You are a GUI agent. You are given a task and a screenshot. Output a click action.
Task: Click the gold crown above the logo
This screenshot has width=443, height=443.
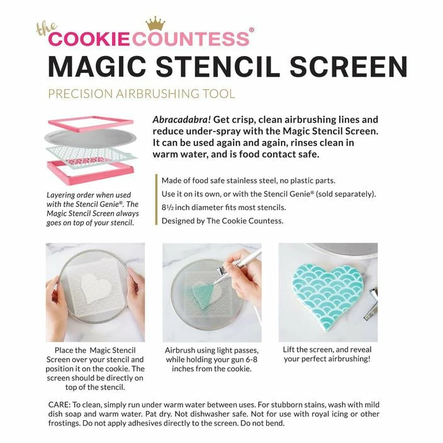click(155, 24)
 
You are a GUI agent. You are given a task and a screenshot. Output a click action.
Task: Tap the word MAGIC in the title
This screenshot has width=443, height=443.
click(97, 67)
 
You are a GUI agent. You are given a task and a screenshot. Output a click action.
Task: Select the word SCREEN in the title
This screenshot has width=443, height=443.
click(349, 67)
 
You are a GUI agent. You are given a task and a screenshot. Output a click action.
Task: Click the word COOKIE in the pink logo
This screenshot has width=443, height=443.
click(89, 39)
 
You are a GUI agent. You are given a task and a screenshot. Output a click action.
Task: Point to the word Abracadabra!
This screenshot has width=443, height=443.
click(182, 120)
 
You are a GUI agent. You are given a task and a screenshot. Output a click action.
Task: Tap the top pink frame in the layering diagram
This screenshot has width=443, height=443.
click(91, 124)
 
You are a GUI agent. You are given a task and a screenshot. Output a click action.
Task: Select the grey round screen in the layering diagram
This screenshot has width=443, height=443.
click(91, 138)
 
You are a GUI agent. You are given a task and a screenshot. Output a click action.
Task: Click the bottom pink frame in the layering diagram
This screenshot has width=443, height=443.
click(91, 173)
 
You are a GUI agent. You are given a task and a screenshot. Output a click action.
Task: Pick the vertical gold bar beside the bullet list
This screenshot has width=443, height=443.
click(156, 199)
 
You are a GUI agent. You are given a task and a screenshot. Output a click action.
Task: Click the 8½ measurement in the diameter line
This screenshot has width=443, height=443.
click(167, 208)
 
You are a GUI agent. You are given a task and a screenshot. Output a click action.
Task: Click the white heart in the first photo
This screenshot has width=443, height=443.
click(96, 289)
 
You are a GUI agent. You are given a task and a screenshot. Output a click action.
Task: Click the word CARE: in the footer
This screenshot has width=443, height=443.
click(59, 405)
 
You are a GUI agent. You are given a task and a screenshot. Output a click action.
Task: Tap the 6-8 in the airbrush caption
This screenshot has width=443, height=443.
click(249, 360)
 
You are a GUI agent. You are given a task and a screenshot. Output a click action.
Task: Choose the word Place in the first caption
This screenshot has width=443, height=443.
click(64, 350)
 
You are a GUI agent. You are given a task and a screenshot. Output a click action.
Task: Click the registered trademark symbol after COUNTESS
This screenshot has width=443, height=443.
click(252, 30)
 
